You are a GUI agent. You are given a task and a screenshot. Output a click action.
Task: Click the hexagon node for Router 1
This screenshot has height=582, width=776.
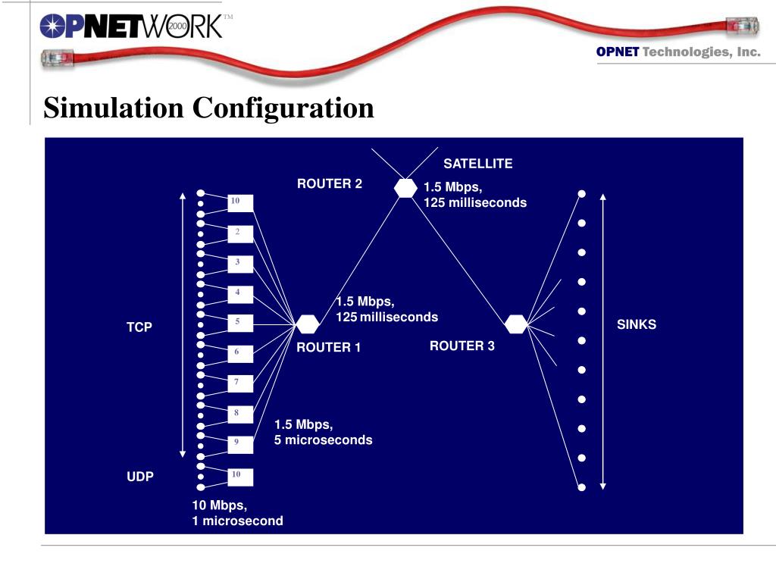[x=307, y=324]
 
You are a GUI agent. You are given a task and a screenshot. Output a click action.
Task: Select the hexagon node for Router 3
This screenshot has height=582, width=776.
[x=516, y=324]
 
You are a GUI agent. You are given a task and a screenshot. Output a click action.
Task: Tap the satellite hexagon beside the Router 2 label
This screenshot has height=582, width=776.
[x=406, y=188]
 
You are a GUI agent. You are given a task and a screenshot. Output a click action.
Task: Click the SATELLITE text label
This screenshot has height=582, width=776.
[x=477, y=164]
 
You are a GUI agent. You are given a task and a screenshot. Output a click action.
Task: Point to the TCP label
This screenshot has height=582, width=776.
[x=139, y=327]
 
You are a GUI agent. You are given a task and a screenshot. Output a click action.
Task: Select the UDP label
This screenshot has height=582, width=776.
[x=139, y=477]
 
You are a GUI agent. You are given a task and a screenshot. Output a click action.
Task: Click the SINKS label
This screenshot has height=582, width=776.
[x=636, y=324]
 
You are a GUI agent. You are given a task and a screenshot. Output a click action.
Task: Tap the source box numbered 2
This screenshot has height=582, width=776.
[x=239, y=233]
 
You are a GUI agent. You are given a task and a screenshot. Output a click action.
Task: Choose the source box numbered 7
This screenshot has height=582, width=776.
[x=239, y=383]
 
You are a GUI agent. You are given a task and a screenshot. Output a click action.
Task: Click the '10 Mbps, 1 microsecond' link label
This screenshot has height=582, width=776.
[x=237, y=513]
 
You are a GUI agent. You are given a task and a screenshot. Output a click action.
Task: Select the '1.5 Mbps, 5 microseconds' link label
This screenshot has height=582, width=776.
[x=323, y=432]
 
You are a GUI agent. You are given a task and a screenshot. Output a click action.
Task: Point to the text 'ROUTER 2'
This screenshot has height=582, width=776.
[x=329, y=183]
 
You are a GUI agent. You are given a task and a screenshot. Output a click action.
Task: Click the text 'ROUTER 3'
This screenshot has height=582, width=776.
[x=462, y=346]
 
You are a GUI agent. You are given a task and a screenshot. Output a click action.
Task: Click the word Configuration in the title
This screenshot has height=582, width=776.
[x=283, y=108]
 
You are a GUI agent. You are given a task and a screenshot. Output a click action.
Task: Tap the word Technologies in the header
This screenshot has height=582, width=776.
[x=684, y=52]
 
